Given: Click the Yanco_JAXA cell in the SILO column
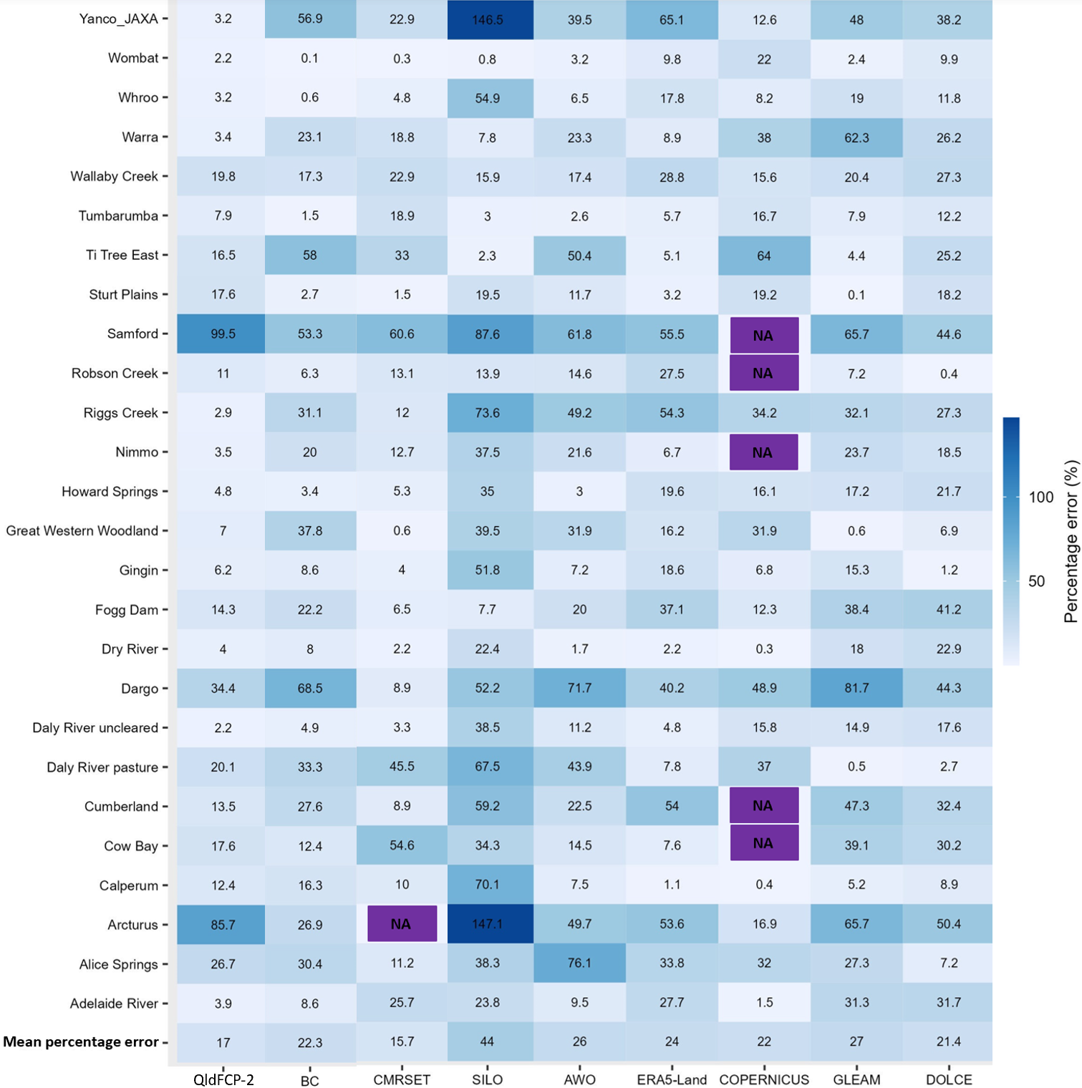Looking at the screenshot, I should click(488, 20).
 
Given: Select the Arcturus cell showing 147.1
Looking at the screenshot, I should click(488, 924).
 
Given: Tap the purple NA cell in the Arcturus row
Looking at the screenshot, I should click(402, 924).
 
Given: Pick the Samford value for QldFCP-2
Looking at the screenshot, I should click(223, 334).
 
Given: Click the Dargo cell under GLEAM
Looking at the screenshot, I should click(856, 689).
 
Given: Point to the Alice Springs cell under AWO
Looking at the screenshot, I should click(579, 963).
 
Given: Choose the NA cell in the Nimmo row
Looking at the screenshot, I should click(763, 452).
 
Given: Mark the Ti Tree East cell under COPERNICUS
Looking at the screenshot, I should click(764, 256).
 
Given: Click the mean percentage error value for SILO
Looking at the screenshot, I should click(488, 1041).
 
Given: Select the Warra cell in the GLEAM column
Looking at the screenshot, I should click(856, 137).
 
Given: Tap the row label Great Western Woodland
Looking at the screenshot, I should click(82, 531).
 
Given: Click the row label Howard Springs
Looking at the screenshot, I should click(110, 492).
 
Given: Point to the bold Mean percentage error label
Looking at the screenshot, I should click(81, 1042).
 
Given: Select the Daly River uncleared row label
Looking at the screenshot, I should click(95, 728).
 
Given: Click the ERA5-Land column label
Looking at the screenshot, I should click(672, 1079).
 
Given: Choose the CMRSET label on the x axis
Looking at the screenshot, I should click(402, 1079).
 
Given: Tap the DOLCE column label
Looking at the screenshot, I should click(949, 1079).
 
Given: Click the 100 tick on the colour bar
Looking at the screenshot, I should click(1041, 497).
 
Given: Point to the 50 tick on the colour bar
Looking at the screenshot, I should click(1037, 581).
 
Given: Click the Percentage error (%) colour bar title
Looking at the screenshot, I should click(1071, 541).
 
